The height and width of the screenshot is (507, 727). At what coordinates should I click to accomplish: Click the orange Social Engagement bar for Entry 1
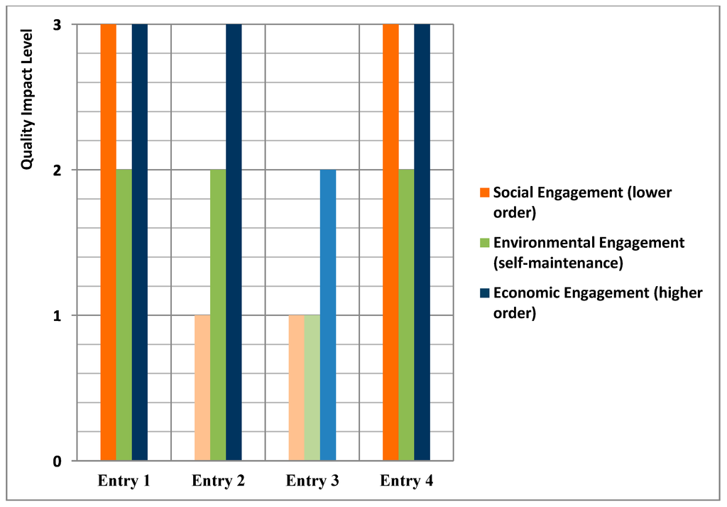coord(108,241)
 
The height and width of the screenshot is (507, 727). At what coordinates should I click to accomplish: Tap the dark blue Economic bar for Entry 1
coord(140,241)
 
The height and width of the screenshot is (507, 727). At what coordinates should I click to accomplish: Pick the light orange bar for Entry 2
coord(202,388)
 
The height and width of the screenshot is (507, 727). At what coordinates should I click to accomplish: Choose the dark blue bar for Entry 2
coord(234,241)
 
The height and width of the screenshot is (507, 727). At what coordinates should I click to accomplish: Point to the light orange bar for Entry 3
coord(296,388)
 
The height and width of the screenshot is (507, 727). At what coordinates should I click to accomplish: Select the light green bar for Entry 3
coord(312,388)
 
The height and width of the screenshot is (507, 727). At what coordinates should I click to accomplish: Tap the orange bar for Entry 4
coord(390,241)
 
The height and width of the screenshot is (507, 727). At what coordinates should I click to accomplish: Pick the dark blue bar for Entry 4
coord(422,241)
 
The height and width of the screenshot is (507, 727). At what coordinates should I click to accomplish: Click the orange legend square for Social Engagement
coord(484,192)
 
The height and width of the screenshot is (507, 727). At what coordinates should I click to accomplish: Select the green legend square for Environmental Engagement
coord(484,243)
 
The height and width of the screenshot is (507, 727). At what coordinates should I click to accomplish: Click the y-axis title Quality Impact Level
coord(27,99)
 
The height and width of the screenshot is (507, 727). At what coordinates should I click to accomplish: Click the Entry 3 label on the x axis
coord(312,481)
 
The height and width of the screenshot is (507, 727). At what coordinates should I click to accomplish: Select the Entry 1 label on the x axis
coord(124,481)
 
